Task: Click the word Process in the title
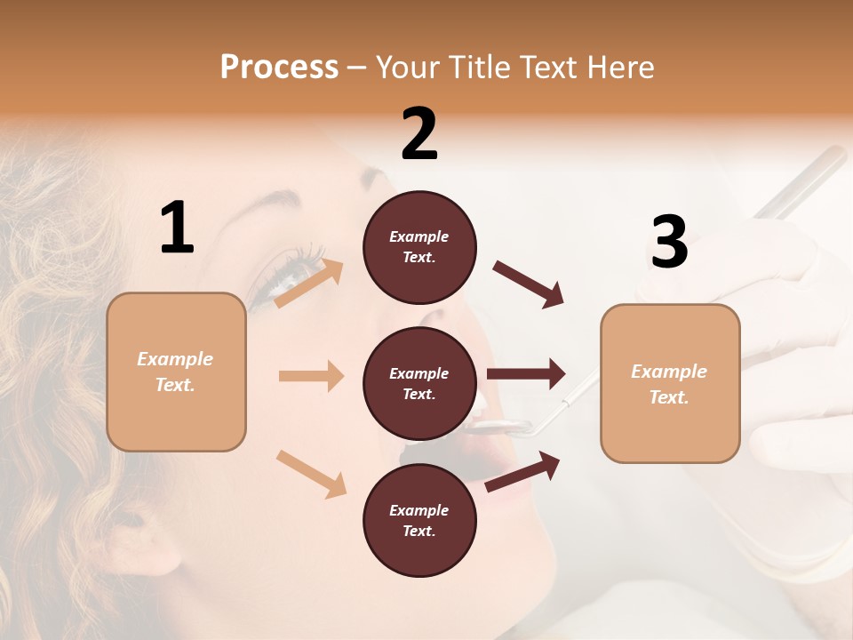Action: point(279,67)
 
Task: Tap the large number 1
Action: point(177,228)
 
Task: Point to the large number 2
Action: point(419,134)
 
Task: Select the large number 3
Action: point(669,242)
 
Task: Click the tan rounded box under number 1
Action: point(176,372)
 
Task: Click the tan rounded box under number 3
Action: point(670,384)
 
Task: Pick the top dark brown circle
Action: point(419,247)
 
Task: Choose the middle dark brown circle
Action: point(419,383)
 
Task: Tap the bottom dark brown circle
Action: point(419,520)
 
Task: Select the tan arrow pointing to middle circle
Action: point(311,376)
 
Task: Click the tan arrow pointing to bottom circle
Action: point(312,474)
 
